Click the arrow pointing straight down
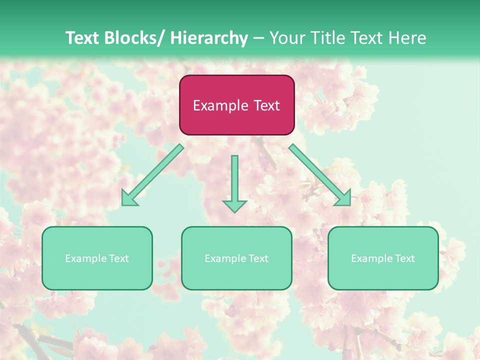234,182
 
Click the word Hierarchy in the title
209,38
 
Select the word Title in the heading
326,38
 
